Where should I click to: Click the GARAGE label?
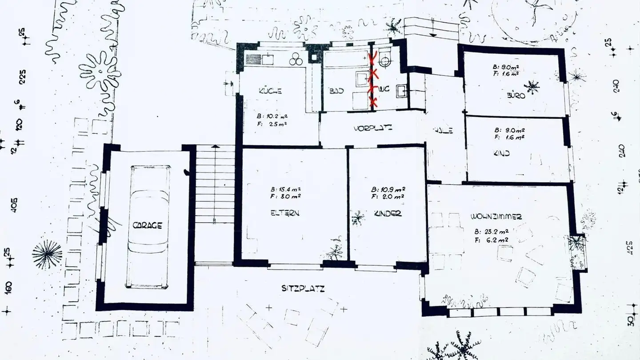[x=147, y=226]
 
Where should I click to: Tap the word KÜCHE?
[x=270, y=92]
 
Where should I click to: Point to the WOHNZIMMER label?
[x=496, y=217]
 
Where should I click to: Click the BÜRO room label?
[x=516, y=95]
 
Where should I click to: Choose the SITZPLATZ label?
[x=303, y=289]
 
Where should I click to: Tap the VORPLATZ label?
[x=372, y=129]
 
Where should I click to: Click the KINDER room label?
[x=388, y=213]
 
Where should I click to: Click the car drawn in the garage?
[x=148, y=227]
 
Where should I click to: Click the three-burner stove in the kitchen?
[x=296, y=60]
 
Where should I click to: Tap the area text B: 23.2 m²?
[x=491, y=232]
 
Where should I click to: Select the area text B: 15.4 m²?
[x=286, y=188]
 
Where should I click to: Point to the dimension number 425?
[x=629, y=247]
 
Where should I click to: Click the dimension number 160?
[x=9, y=288]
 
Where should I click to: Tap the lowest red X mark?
[x=373, y=102]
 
